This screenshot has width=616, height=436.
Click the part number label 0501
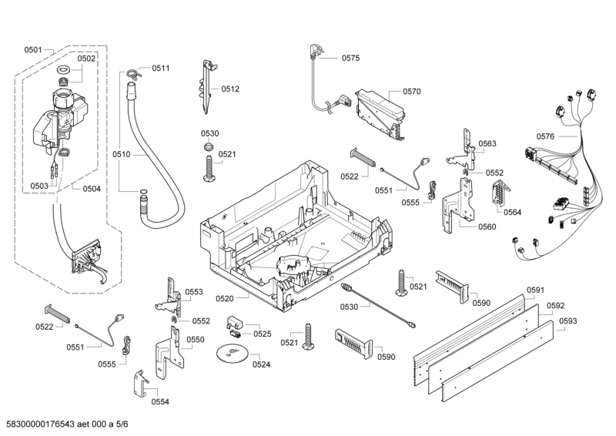33,50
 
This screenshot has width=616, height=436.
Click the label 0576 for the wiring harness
545,136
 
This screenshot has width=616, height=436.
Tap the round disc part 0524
232,354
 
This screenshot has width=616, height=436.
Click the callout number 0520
225,297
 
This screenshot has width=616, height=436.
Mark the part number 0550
196,340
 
